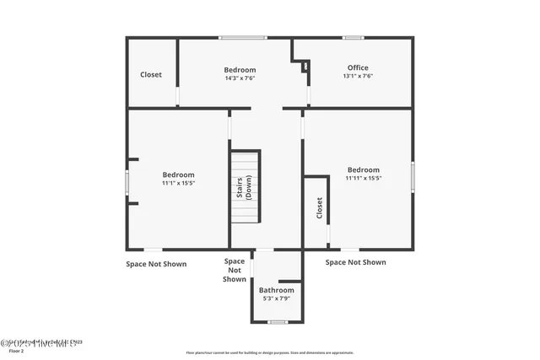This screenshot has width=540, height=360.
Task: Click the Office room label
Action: (x=358, y=67)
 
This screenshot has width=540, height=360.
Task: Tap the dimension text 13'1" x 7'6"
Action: (x=358, y=76)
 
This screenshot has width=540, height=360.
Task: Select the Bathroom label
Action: (x=276, y=290)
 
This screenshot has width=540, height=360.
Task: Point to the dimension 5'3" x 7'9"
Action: (x=276, y=298)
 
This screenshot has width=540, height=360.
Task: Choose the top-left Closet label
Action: (x=151, y=74)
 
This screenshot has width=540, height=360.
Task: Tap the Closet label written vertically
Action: (x=319, y=207)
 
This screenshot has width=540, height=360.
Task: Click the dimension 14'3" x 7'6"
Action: (x=240, y=78)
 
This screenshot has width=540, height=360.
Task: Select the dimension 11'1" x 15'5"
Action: (x=179, y=183)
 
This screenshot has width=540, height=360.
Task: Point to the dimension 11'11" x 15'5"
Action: (x=364, y=178)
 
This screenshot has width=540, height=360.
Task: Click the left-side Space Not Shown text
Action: (x=156, y=264)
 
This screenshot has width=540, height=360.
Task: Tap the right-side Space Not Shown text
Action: (x=356, y=262)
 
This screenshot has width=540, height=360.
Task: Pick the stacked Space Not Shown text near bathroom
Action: (x=235, y=270)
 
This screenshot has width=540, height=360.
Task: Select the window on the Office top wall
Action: (x=354, y=37)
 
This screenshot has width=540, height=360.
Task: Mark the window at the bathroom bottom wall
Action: (x=278, y=322)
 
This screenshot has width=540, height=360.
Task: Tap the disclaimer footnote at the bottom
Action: (x=269, y=352)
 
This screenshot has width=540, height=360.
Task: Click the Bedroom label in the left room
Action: (x=179, y=175)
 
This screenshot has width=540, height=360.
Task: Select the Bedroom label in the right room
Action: (x=364, y=169)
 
